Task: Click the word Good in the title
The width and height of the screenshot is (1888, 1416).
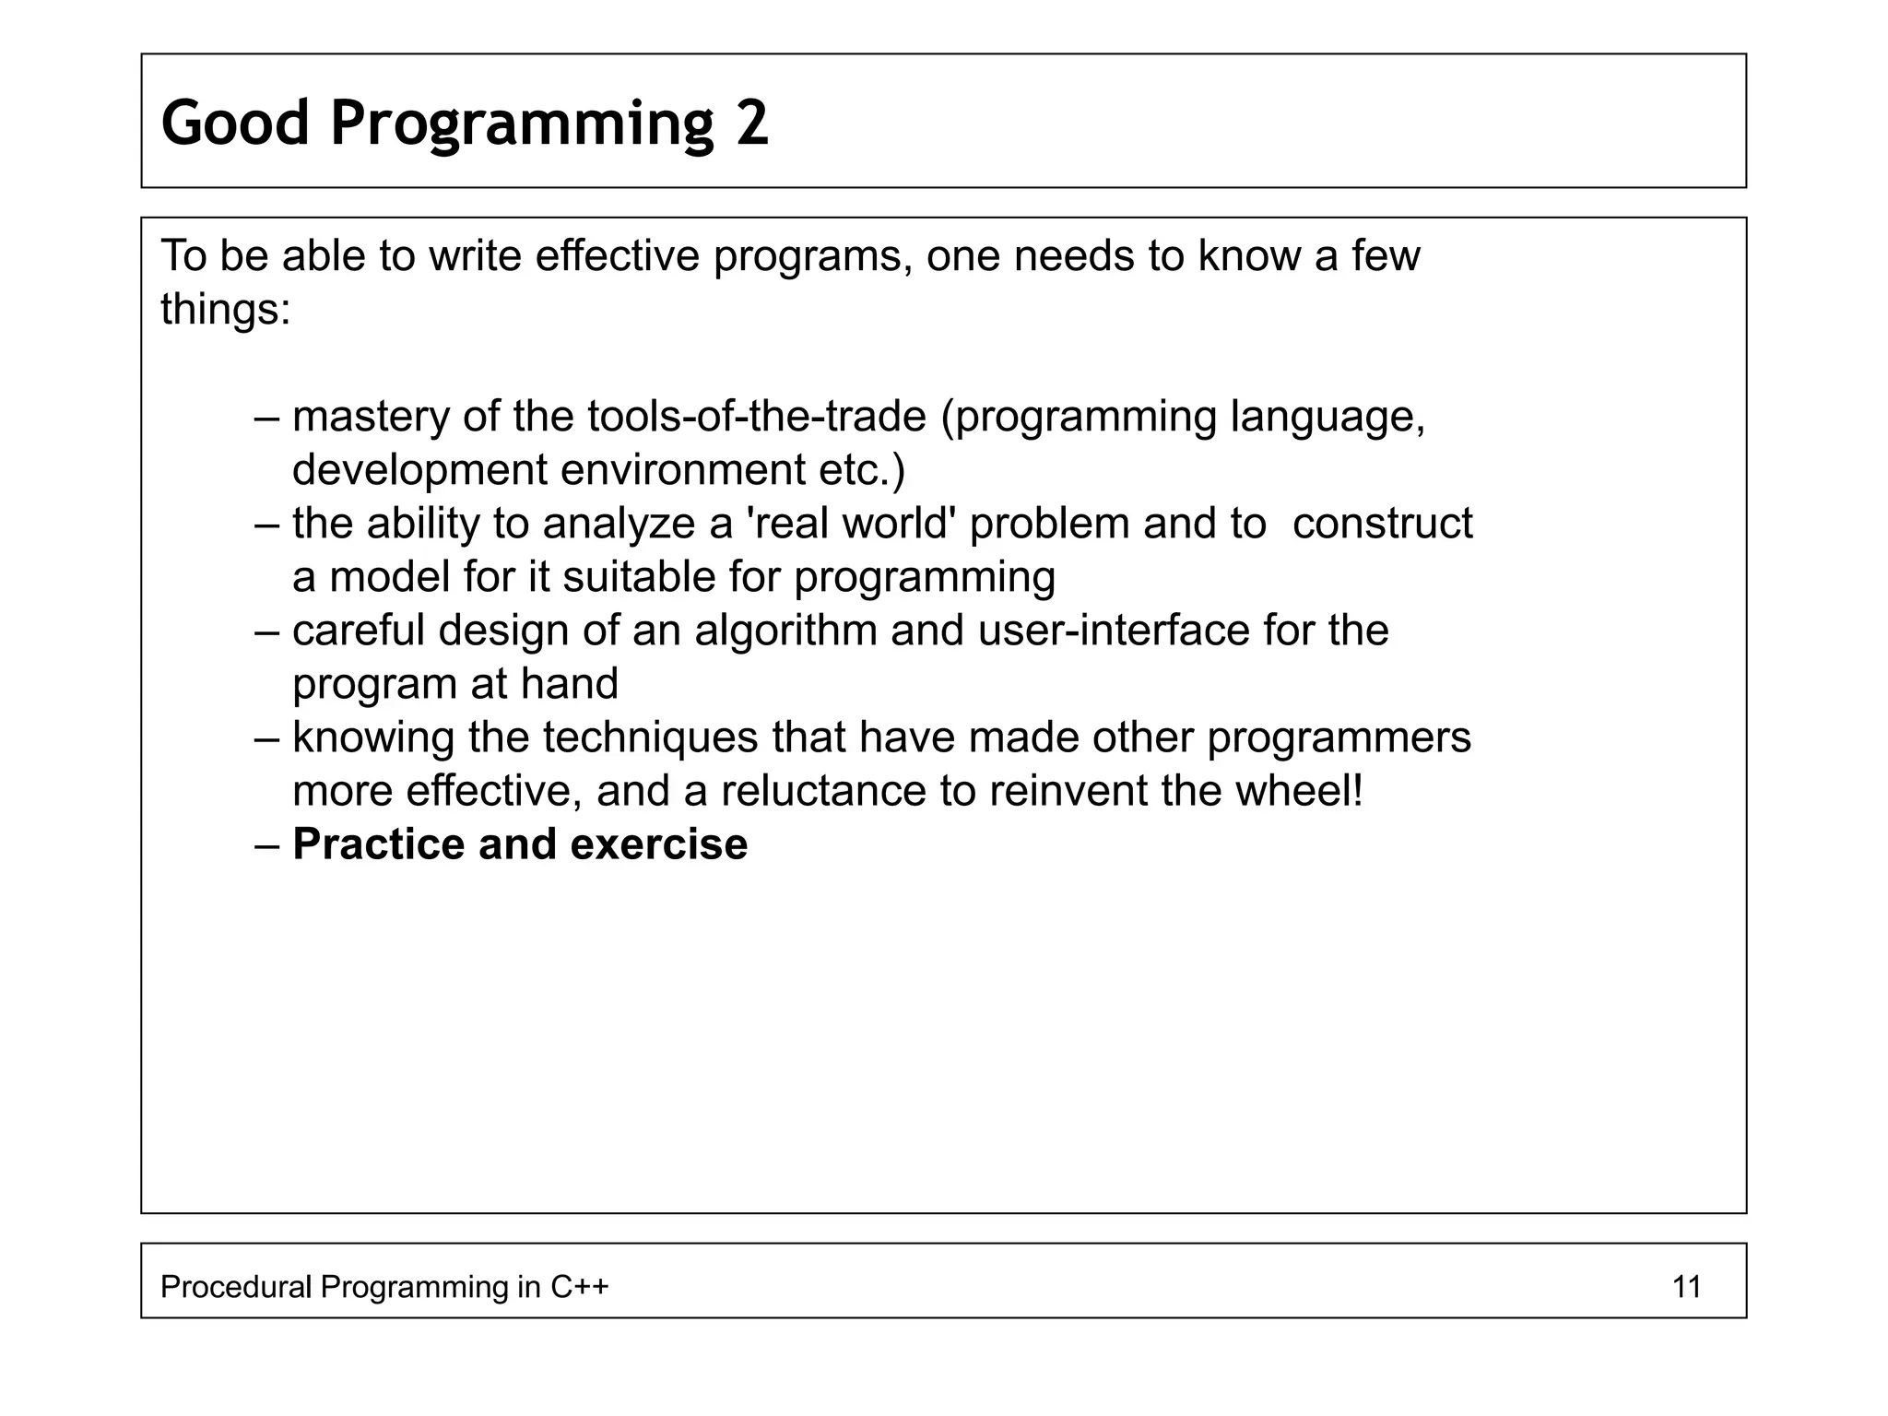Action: [235, 123]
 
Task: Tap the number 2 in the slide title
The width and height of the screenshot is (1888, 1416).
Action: [752, 123]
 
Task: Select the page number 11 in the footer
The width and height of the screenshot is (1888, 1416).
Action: [1686, 1286]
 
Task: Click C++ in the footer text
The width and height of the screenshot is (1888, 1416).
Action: [579, 1286]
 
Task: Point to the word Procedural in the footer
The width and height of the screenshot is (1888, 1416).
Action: [235, 1286]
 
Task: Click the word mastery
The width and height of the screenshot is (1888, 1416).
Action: [370, 417]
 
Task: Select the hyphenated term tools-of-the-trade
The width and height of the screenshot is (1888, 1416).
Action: [756, 417]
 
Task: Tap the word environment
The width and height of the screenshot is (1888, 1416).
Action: [682, 470]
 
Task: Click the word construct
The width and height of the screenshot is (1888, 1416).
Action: [1382, 524]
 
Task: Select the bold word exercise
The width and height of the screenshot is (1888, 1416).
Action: [658, 844]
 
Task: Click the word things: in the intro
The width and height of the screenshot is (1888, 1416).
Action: [226, 309]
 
